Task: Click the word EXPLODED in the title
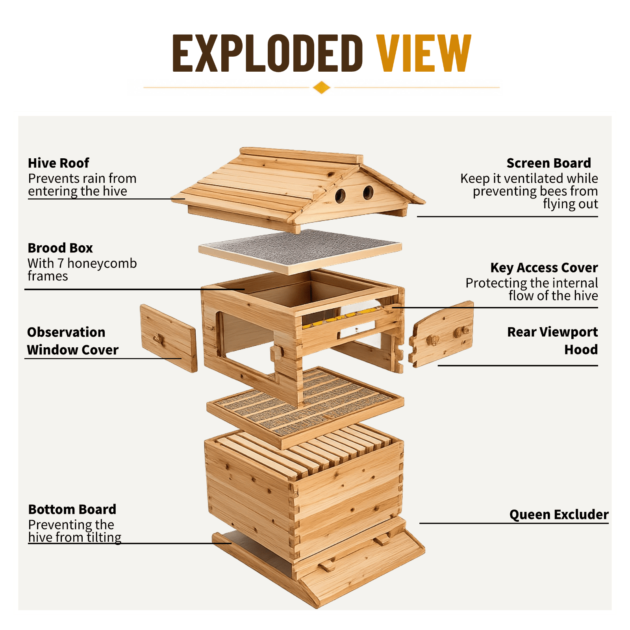pos(267,53)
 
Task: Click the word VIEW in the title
pos(424,53)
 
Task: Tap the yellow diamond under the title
pos(322,87)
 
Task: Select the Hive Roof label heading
pos(59,163)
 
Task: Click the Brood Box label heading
pos(60,248)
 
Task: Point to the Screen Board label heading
pos(549,163)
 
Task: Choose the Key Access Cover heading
pos(544,268)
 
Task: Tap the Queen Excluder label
pos(559,515)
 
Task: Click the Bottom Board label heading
pos(72,510)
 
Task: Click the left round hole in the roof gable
pos(340,196)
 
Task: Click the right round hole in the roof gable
pos(368,193)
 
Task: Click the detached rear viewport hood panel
pos(441,334)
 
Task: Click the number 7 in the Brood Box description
pos(60,263)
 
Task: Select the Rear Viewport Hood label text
pos(552,341)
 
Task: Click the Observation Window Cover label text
pos(73,341)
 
